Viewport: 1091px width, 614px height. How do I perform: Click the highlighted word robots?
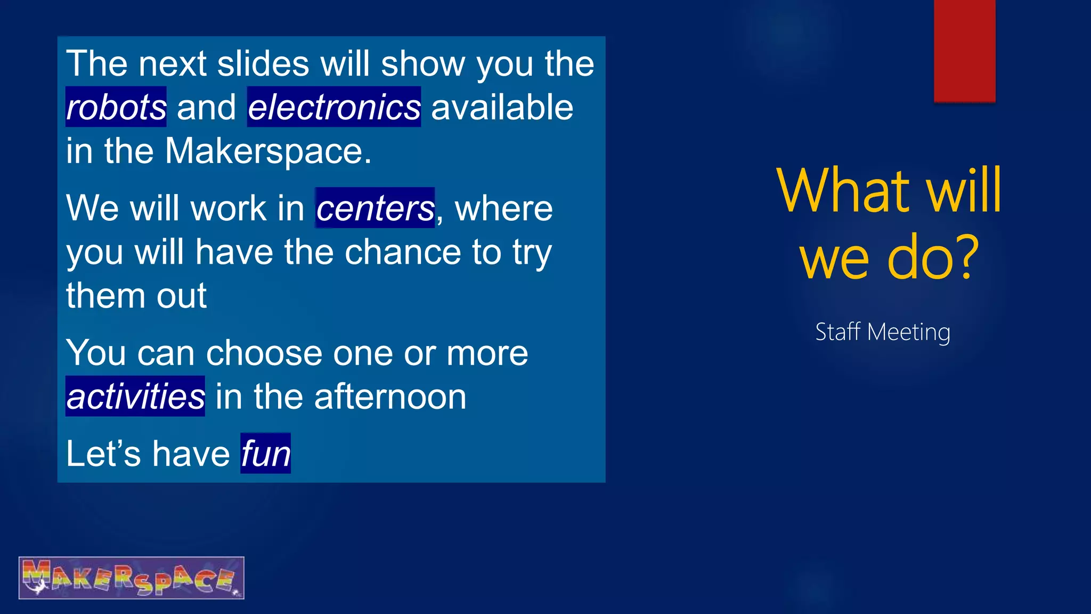[x=116, y=107]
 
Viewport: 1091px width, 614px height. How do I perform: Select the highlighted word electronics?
[x=334, y=107]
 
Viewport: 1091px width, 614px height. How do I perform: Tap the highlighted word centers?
[x=375, y=208]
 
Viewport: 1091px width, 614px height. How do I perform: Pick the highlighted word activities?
[x=135, y=397]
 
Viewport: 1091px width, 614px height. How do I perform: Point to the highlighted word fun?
[x=265, y=454]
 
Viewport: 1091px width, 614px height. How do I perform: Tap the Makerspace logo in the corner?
[x=132, y=578]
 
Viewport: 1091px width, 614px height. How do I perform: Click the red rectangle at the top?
[x=964, y=51]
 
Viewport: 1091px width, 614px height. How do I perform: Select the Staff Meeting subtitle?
[x=883, y=332]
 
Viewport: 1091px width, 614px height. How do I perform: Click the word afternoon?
[x=390, y=397]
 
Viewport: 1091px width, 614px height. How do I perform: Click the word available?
[x=502, y=107]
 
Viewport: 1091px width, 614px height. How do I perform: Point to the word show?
[x=423, y=64]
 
